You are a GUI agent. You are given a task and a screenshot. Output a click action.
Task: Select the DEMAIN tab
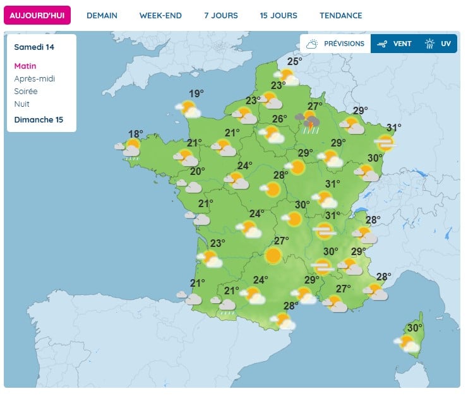click(x=102, y=15)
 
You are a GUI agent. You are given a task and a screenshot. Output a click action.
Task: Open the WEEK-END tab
click(x=160, y=15)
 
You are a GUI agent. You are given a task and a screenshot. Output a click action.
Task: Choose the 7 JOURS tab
click(x=220, y=15)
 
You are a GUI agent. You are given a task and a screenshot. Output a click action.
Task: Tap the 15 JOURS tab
click(x=278, y=15)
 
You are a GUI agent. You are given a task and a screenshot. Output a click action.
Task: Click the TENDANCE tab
click(x=341, y=15)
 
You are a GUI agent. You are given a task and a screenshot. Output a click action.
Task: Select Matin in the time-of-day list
click(x=25, y=66)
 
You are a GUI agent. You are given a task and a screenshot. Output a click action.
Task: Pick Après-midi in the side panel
click(x=34, y=79)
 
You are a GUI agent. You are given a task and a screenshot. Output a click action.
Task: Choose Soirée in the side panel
click(x=26, y=92)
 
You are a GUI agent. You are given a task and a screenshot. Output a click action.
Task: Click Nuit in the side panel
click(x=21, y=104)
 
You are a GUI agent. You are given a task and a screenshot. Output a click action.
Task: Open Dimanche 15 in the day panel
click(x=39, y=120)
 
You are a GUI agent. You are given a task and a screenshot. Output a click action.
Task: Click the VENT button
click(x=395, y=44)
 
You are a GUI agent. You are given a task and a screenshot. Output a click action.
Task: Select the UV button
click(x=438, y=44)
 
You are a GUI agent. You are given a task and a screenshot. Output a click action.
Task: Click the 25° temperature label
click(x=294, y=61)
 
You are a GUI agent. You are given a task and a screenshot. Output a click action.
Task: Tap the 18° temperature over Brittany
click(x=136, y=134)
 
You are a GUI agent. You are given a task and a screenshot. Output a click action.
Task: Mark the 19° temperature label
click(x=196, y=93)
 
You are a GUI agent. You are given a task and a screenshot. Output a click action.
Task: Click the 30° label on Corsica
click(x=414, y=328)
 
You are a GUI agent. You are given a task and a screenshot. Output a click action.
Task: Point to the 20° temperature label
click(x=198, y=171)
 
